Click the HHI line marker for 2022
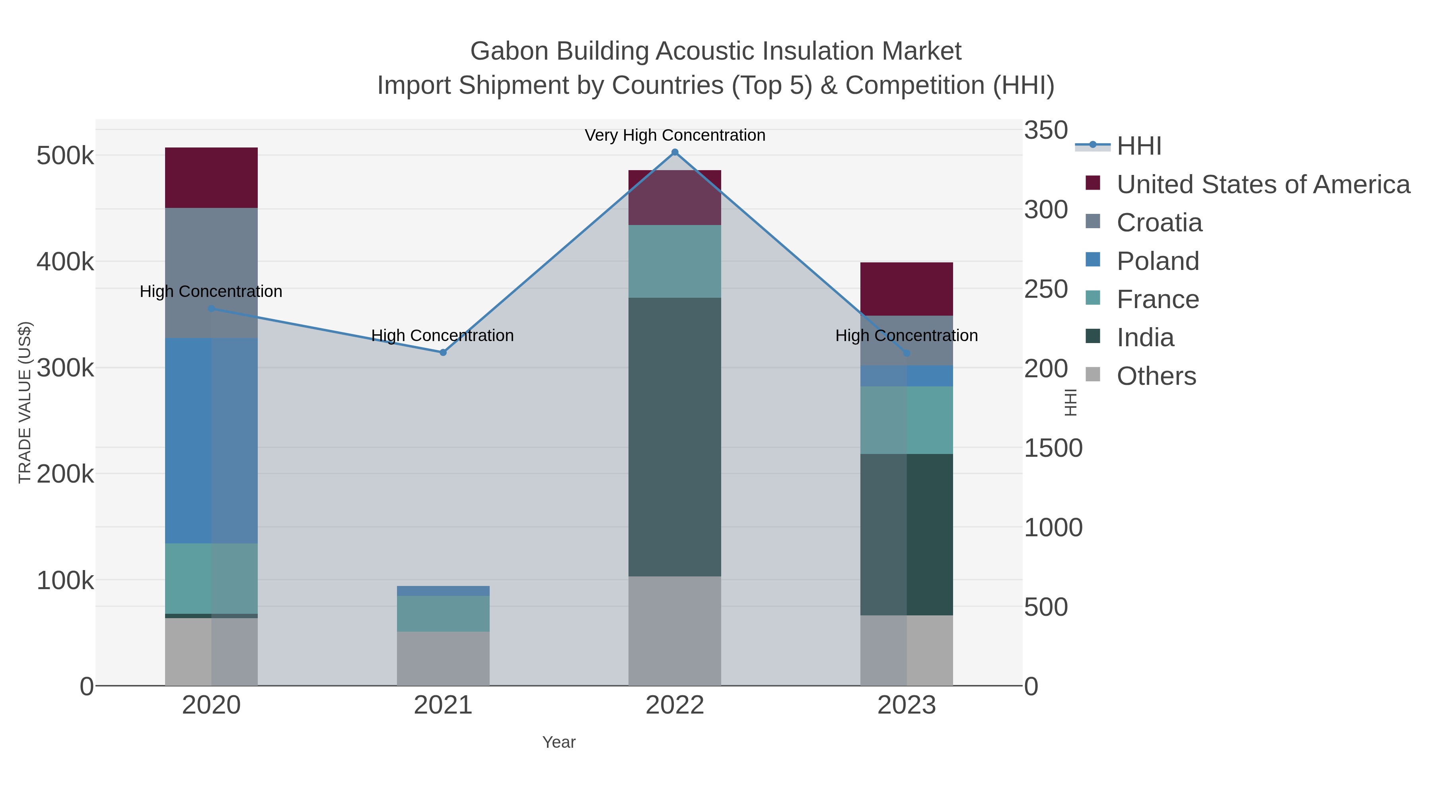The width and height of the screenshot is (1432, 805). pos(675,152)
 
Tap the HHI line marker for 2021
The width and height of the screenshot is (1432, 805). pos(443,352)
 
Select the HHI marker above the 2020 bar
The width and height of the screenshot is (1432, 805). pos(211,308)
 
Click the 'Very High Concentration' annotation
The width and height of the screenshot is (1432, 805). pos(675,135)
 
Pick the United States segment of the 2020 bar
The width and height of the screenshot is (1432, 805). pos(211,178)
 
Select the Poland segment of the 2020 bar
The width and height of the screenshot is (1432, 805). pos(211,440)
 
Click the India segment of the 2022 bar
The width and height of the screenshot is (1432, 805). pos(675,436)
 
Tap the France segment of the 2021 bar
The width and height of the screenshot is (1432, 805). pos(443,613)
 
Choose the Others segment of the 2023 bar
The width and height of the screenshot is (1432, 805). pos(907,650)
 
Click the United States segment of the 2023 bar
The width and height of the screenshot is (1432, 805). pos(907,289)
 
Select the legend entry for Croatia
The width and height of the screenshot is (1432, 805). pos(1159,223)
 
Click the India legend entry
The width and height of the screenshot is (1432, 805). pos(1145,338)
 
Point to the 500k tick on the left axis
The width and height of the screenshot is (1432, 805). pos(65,156)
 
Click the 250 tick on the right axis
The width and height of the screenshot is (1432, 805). pos(1046,289)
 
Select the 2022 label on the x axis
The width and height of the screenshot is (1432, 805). pos(675,706)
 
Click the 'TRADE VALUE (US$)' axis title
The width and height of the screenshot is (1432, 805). pos(25,402)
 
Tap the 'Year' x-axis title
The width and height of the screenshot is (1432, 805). pos(559,742)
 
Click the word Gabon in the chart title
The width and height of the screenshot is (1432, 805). pos(503,51)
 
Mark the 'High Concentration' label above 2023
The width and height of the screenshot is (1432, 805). pos(907,336)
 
